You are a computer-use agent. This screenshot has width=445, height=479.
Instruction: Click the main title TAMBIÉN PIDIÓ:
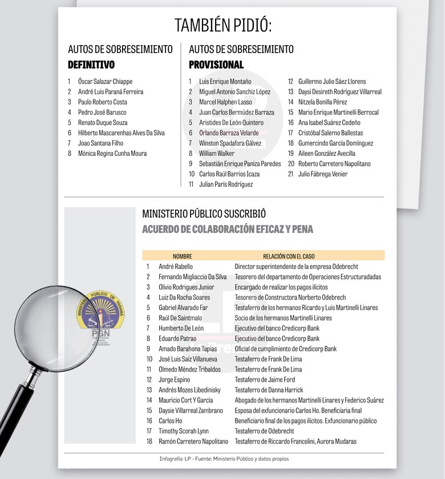(223, 26)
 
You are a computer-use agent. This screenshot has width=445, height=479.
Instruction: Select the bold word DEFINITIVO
(91, 65)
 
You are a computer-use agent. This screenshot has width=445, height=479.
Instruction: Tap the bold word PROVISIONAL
(216, 65)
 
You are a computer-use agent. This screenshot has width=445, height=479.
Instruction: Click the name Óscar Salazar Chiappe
(105, 82)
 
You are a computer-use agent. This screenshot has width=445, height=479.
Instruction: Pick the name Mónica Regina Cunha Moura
(112, 154)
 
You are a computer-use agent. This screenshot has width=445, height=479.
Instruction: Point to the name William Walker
(217, 154)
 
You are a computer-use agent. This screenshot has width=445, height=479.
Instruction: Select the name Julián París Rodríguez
(226, 184)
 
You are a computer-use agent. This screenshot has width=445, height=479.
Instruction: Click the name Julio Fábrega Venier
(322, 174)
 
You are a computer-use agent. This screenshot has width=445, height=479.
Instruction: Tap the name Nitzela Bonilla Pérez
(322, 102)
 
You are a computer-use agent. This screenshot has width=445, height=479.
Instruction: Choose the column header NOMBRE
(183, 256)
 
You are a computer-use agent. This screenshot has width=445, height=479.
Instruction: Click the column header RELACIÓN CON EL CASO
(289, 256)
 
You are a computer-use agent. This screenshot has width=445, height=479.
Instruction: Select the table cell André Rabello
(176, 267)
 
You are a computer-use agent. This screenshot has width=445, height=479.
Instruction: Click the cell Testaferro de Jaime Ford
(265, 380)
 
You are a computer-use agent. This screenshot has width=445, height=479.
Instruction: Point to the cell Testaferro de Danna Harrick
(269, 390)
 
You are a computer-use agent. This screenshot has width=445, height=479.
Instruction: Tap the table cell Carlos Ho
(171, 421)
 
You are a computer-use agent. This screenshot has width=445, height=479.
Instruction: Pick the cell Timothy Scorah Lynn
(184, 431)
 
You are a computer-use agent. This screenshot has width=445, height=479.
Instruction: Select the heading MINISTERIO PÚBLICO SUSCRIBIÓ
(204, 214)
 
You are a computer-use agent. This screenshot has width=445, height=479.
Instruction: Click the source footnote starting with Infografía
(228, 459)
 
